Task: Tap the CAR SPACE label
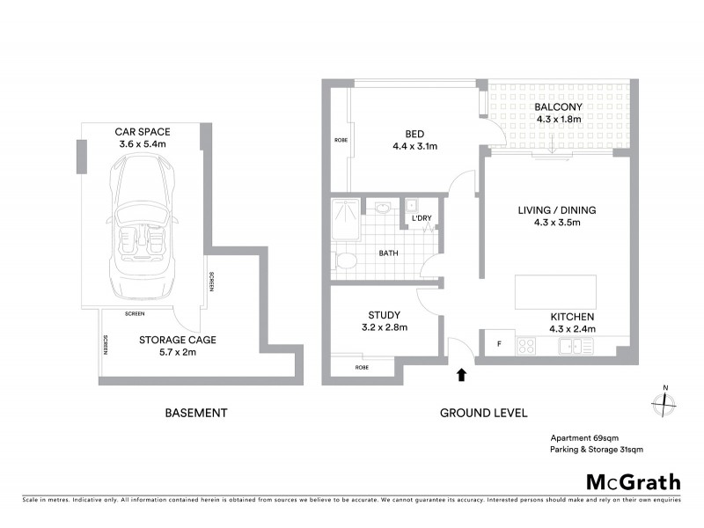pos(142,131)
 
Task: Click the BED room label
pos(404,135)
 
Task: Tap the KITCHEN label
pos(573,317)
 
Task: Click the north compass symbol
pos(664,402)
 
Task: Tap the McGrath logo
pos(633,481)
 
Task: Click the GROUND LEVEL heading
pos(483,413)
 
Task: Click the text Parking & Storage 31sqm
pos(597,450)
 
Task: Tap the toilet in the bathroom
pos(347,260)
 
